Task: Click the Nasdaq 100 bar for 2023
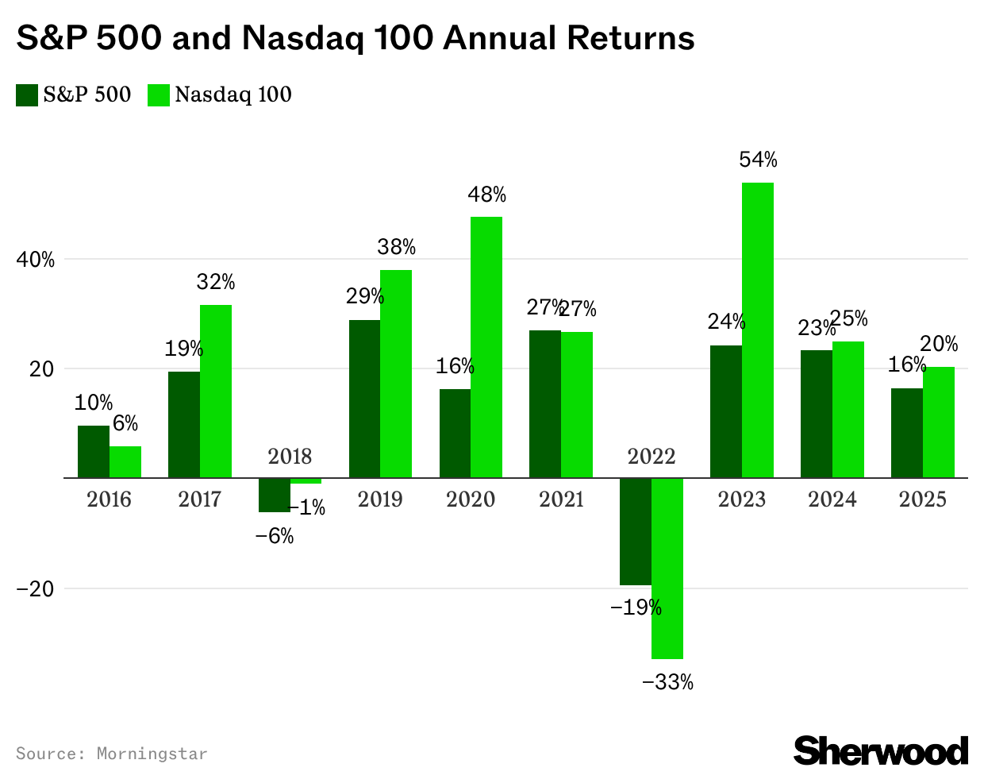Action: (758, 330)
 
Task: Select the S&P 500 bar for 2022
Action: (636, 531)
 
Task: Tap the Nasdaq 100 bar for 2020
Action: (486, 347)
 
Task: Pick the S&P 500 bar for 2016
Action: (94, 452)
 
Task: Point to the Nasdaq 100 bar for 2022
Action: (667, 568)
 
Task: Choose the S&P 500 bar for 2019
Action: (364, 399)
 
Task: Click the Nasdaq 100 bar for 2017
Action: (216, 391)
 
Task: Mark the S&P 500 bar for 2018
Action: (275, 495)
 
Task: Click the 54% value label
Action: (758, 160)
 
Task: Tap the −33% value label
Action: (667, 682)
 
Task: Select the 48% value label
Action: (486, 195)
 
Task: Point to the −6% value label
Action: (275, 537)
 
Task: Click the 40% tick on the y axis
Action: (37, 260)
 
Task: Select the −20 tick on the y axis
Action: (35, 589)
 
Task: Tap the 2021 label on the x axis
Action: (561, 499)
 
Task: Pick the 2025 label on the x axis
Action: (923, 499)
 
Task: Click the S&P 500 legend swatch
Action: (27, 95)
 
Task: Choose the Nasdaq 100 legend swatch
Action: (159, 95)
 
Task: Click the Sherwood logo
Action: (881, 750)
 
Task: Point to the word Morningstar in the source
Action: (152, 754)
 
